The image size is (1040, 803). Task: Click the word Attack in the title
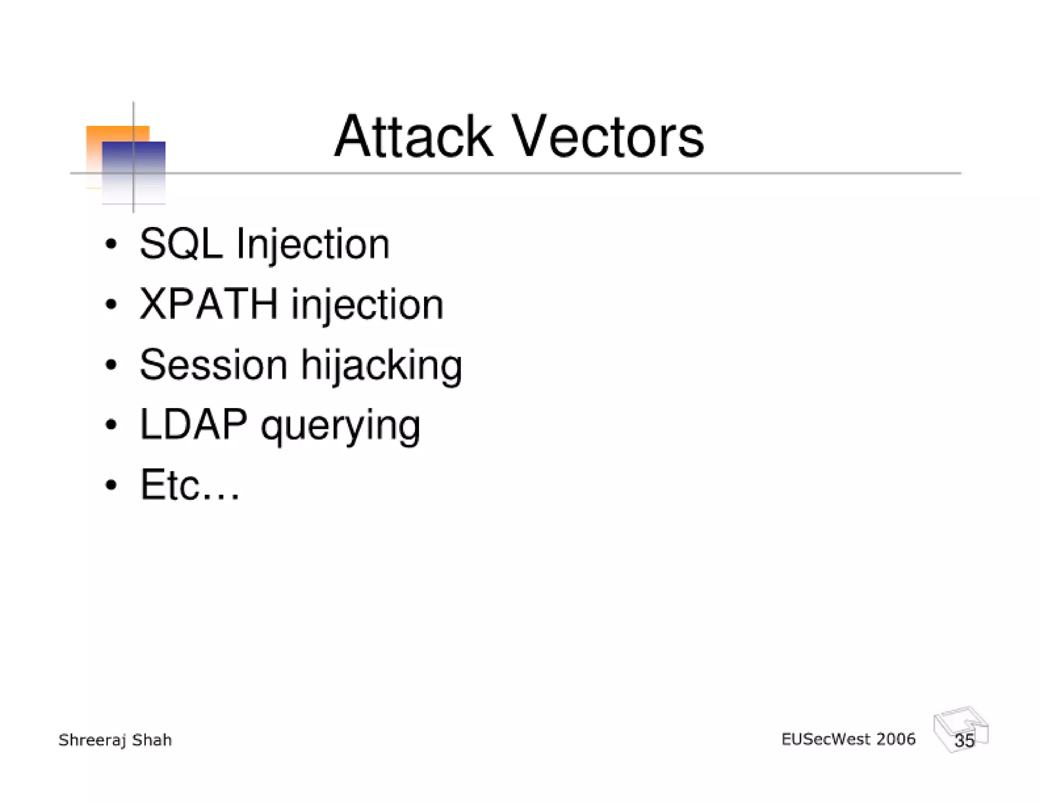pos(413,137)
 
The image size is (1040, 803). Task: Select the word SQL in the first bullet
pos(181,244)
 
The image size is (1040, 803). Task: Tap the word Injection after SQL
pos(313,245)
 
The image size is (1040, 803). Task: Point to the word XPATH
pos(209,304)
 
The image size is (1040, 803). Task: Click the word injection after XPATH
pos(367,305)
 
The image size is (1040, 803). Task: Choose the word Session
pos(213,364)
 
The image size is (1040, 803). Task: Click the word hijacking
pos(381,366)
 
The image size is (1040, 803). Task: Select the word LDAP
pos(193,424)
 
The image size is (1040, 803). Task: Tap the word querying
pos(340,426)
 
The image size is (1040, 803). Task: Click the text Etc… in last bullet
pos(189,485)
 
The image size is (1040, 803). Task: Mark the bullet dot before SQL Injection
pos(111,245)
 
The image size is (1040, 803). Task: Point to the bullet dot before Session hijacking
pos(111,364)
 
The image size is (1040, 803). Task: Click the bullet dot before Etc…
pos(111,485)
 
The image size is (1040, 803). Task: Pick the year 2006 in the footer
pos(896,740)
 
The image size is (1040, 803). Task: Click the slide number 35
pos(964,741)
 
